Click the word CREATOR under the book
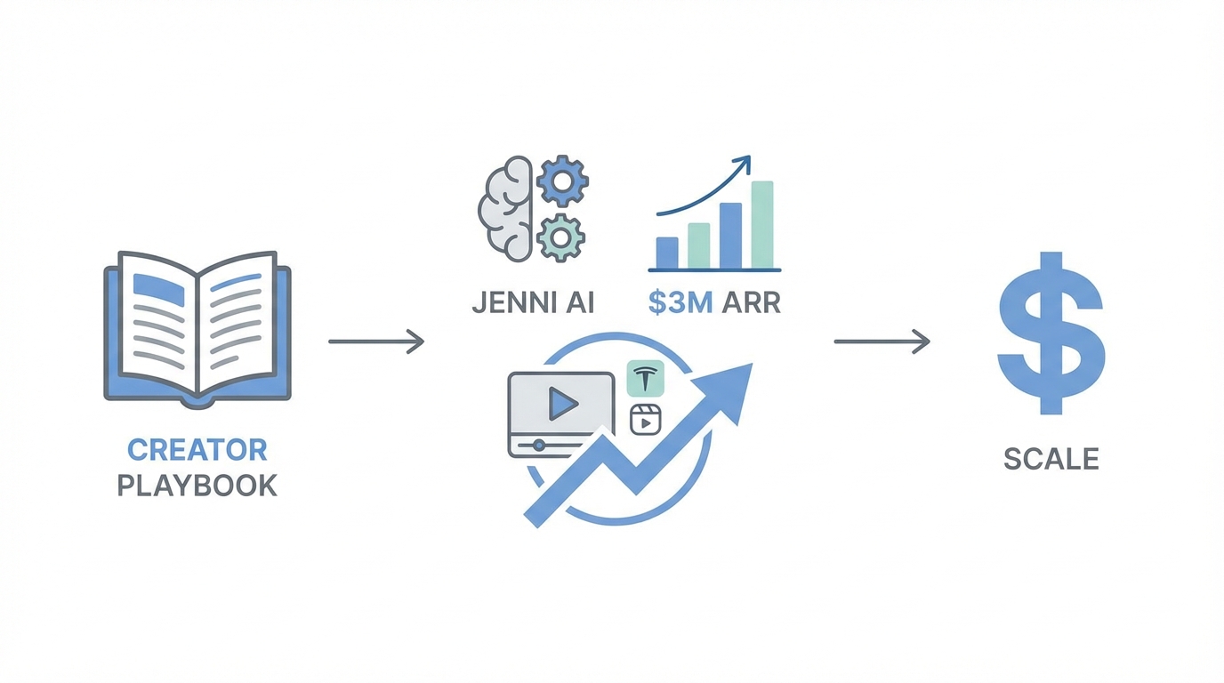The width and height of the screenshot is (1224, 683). click(x=197, y=449)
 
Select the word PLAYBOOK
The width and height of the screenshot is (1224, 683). click(x=197, y=486)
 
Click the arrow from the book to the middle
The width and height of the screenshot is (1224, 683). click(x=376, y=341)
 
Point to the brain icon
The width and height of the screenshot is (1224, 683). click(x=506, y=209)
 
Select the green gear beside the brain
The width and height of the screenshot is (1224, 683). click(x=560, y=236)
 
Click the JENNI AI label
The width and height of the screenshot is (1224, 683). click(x=532, y=303)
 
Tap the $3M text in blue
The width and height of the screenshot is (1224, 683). click(x=680, y=303)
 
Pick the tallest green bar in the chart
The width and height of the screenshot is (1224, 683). click(x=762, y=224)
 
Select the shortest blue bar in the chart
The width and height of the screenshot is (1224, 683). click(x=667, y=253)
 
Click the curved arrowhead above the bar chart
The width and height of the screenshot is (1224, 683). click(x=743, y=165)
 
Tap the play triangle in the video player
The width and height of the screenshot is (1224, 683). click(x=561, y=405)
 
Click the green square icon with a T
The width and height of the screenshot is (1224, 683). click(x=646, y=379)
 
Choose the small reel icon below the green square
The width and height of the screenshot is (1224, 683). click(x=646, y=419)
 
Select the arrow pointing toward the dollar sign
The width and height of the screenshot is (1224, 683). click(x=882, y=341)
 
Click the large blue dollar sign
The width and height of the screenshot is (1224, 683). click(x=1051, y=333)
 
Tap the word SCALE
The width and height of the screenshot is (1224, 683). click(x=1051, y=459)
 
